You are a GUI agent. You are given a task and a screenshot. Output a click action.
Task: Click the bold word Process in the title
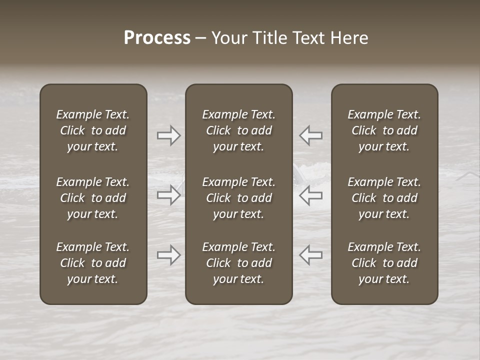pyautogui.click(x=157, y=38)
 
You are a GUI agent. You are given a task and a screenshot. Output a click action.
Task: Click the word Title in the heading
pyautogui.click(x=269, y=38)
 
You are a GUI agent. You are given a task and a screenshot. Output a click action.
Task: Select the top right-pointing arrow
pyautogui.click(x=168, y=135)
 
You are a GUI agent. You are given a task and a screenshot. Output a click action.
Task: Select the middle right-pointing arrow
pyautogui.click(x=168, y=195)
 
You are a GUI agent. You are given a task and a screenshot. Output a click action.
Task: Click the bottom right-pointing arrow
pyautogui.click(x=168, y=255)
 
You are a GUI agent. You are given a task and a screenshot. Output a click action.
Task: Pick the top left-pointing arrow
pyautogui.click(x=311, y=135)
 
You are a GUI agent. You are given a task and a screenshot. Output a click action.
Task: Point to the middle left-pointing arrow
pyautogui.click(x=311, y=195)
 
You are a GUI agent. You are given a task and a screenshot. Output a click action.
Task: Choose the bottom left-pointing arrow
pyautogui.click(x=311, y=255)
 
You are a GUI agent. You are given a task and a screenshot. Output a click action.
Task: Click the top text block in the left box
pyautogui.click(x=93, y=130)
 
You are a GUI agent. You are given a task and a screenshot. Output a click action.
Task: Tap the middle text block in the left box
pyautogui.click(x=93, y=198)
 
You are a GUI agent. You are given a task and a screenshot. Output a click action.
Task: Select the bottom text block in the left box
pyautogui.click(x=93, y=263)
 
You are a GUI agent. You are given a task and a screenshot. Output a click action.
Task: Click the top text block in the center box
pyautogui.click(x=238, y=130)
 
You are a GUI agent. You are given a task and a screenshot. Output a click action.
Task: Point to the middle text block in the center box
pyautogui.click(x=238, y=198)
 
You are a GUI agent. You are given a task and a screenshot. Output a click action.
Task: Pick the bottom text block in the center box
pyautogui.click(x=238, y=263)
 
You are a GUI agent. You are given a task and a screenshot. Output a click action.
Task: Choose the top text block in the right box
pyautogui.click(x=384, y=130)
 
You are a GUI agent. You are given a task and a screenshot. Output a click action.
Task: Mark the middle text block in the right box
pyautogui.click(x=384, y=198)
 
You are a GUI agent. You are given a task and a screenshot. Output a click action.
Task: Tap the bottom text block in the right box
pyautogui.click(x=384, y=263)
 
